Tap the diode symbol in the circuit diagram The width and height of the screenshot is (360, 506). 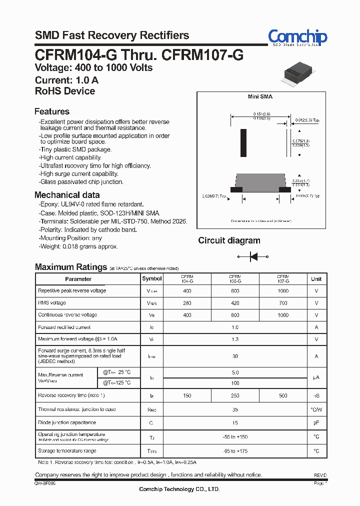[x=253, y=256]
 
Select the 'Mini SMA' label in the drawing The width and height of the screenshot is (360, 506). [x=260, y=97]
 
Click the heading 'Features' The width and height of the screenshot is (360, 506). [x=52, y=111]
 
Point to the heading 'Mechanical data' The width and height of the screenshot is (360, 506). [x=67, y=195]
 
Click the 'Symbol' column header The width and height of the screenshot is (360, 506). [x=152, y=278]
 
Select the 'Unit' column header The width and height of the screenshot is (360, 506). [x=316, y=278]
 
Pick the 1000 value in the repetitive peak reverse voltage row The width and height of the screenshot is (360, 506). [x=283, y=290]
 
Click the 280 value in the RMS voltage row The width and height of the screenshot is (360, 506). [x=187, y=303]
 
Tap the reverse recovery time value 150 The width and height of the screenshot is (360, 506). [x=187, y=395]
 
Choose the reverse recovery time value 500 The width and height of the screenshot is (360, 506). [x=283, y=395]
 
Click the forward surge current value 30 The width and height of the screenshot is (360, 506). [x=235, y=356]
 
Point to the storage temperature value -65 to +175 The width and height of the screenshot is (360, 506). [x=235, y=451]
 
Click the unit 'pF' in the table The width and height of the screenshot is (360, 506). [x=316, y=422]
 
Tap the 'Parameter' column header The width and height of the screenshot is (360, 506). [x=78, y=279]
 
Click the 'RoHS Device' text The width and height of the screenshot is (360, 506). [x=65, y=91]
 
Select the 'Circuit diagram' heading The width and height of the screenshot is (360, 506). [x=229, y=240]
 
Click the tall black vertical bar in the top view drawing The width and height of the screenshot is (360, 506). [x=243, y=143]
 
